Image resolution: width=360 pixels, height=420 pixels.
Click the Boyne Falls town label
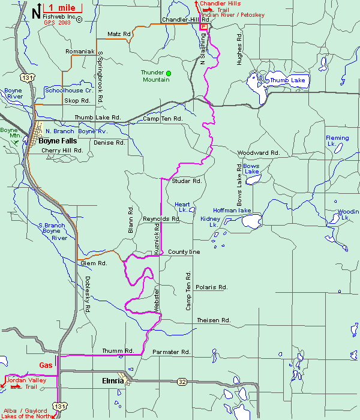(x=58, y=141)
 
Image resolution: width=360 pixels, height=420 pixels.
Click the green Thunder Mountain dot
(x=169, y=73)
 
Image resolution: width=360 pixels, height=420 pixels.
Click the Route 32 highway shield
(x=182, y=381)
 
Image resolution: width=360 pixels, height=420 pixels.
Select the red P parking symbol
(x=203, y=27)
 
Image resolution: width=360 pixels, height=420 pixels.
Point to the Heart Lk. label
(x=182, y=207)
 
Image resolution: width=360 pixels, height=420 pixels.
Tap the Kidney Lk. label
(x=211, y=221)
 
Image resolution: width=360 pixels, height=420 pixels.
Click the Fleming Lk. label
(x=337, y=141)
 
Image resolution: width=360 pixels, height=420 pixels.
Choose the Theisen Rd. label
(x=214, y=320)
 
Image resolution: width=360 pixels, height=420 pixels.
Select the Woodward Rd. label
(x=259, y=153)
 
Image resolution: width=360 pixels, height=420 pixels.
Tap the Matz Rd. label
(x=119, y=34)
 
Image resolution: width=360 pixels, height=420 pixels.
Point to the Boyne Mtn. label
(x=9, y=133)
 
